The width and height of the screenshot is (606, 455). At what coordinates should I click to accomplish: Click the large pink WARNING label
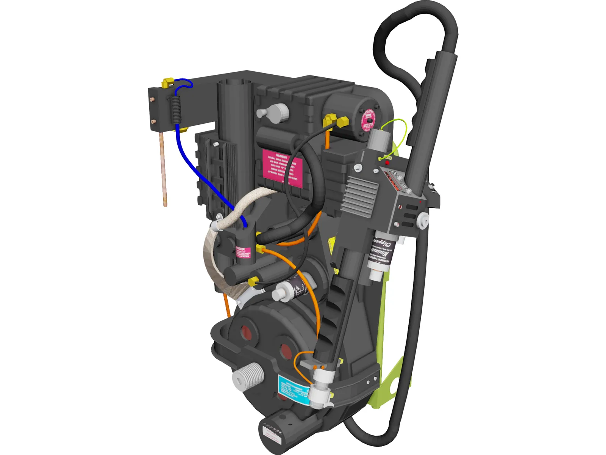282,168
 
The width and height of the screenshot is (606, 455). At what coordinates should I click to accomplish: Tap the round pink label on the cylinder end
367,120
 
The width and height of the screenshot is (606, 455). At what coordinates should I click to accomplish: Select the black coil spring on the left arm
176,109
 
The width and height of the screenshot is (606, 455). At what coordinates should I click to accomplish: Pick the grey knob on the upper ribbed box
273,113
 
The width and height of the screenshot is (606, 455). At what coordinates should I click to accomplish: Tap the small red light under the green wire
387,163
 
